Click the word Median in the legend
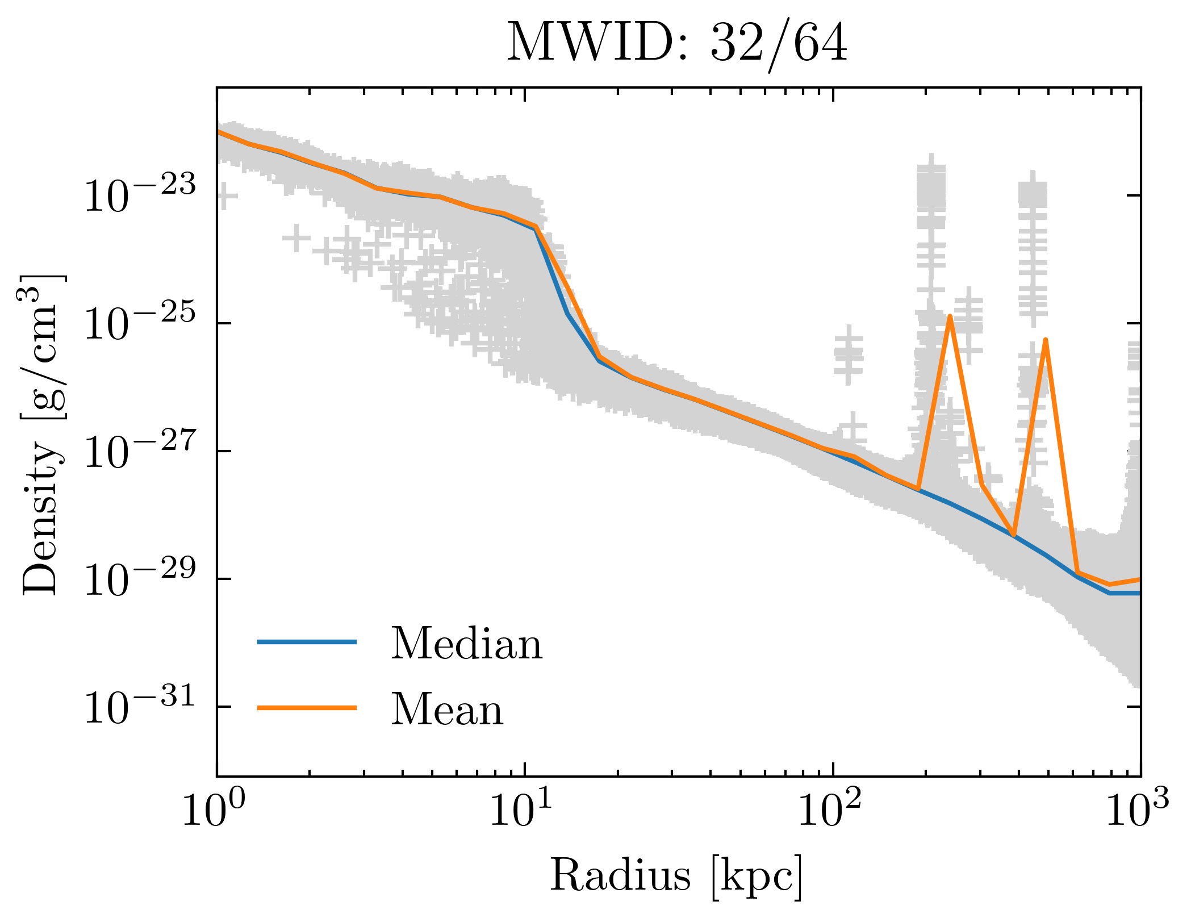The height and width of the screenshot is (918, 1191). tap(466, 644)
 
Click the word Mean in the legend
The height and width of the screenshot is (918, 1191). tap(447, 710)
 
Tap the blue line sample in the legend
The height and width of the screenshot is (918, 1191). tap(307, 642)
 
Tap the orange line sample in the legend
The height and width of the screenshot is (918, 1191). tap(307, 707)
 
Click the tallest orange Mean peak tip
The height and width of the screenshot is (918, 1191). tap(950, 316)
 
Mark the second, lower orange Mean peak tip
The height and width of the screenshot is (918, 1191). tap(1045, 340)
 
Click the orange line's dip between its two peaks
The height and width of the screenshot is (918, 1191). tap(1013, 535)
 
